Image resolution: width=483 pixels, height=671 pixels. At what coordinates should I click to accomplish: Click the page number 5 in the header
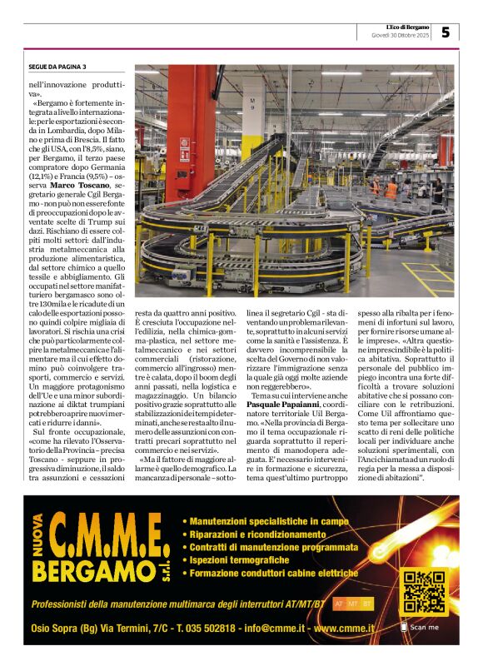point(446,32)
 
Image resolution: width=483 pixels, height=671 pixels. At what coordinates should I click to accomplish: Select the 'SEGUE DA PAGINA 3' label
point(57,67)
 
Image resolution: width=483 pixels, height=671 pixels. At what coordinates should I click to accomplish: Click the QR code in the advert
point(423,591)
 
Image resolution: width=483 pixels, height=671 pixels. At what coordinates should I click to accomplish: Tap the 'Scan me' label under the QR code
point(424,627)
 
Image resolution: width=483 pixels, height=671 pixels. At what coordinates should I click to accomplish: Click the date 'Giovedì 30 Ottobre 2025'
point(400,36)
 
